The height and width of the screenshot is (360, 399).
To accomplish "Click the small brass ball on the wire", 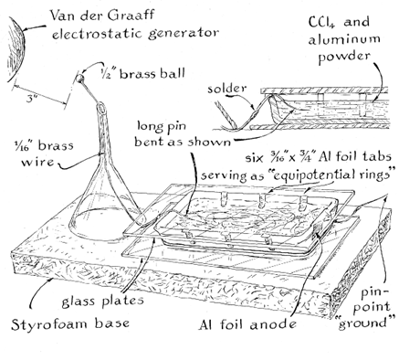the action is pos(79,79).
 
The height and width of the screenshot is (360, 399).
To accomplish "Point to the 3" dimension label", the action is pos(30,99).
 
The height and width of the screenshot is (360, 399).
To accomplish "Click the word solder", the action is pos(226,89).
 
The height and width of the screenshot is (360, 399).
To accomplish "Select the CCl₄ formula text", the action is pos(321,22).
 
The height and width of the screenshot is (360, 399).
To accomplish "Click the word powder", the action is pos(344,57).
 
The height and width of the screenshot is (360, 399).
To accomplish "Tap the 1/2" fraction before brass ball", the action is pos(109,73).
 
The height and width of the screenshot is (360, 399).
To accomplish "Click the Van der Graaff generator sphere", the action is pos(16,48).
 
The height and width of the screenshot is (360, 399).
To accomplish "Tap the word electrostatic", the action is pos(98,33).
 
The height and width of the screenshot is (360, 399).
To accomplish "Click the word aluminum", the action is pos(344,39).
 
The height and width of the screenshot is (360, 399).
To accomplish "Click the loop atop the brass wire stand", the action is pos(101,108).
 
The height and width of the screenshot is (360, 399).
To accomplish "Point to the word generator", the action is pos(184,34).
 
